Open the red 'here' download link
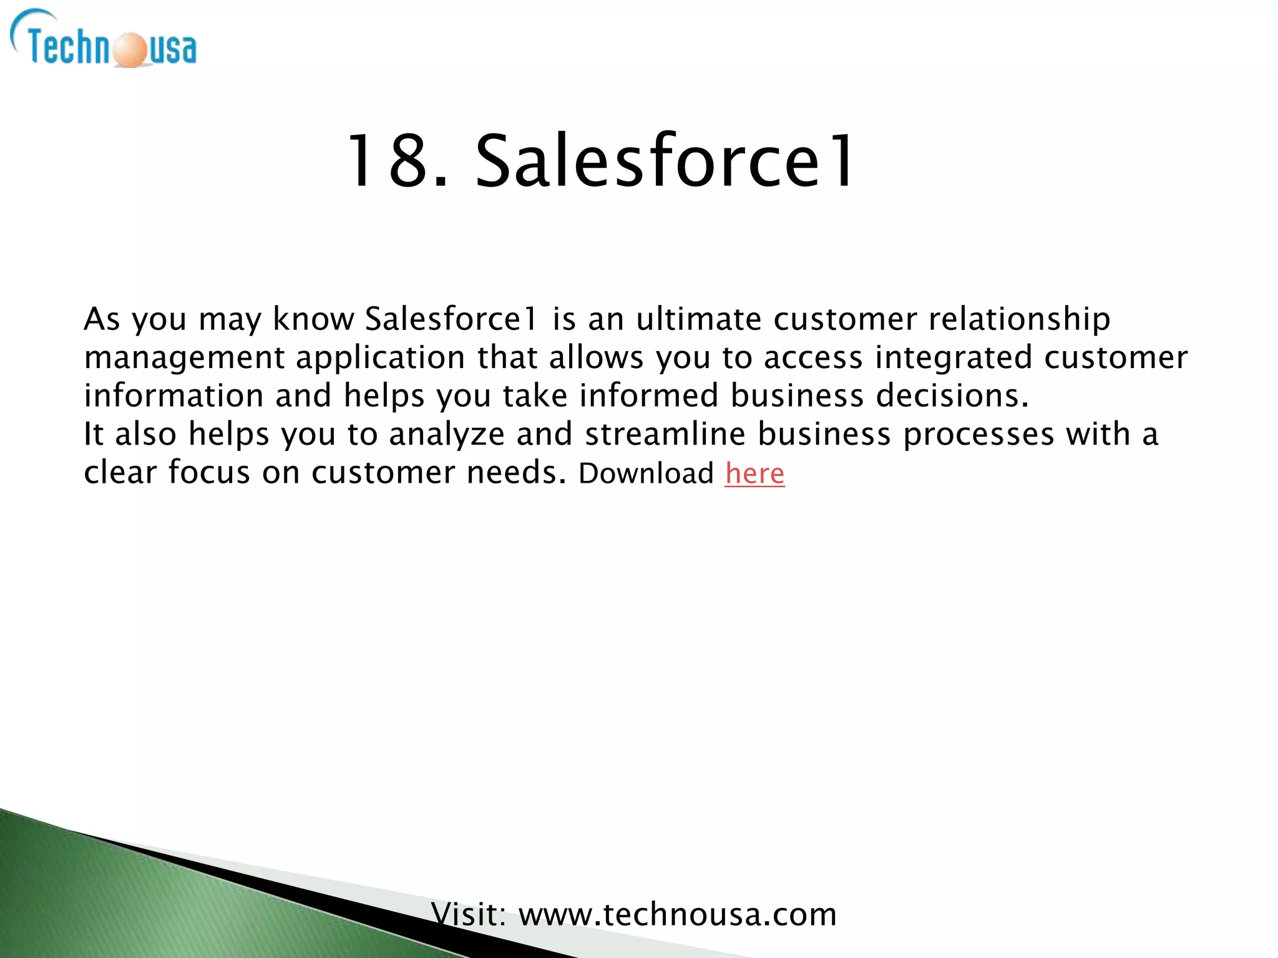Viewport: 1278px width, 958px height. pyautogui.click(x=754, y=473)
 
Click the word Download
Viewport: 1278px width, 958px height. pyautogui.click(x=646, y=473)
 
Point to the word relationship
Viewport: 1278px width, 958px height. pyautogui.click(x=1019, y=319)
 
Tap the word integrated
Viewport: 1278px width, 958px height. pyautogui.click(x=954, y=357)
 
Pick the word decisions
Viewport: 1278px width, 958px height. pyautogui.click(x=952, y=395)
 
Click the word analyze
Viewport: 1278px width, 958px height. pyautogui.click(x=447, y=434)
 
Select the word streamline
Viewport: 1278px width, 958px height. pyautogui.click(x=665, y=434)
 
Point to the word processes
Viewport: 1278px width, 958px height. pyautogui.click(x=978, y=434)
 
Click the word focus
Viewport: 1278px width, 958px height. pyautogui.click(x=209, y=472)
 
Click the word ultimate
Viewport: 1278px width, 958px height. pyautogui.click(x=698, y=319)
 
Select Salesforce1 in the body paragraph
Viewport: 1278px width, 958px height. pyautogui.click(x=451, y=319)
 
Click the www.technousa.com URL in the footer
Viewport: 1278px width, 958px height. pyautogui.click(x=678, y=915)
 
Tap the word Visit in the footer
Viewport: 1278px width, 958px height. pyautogui.click(x=468, y=915)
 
